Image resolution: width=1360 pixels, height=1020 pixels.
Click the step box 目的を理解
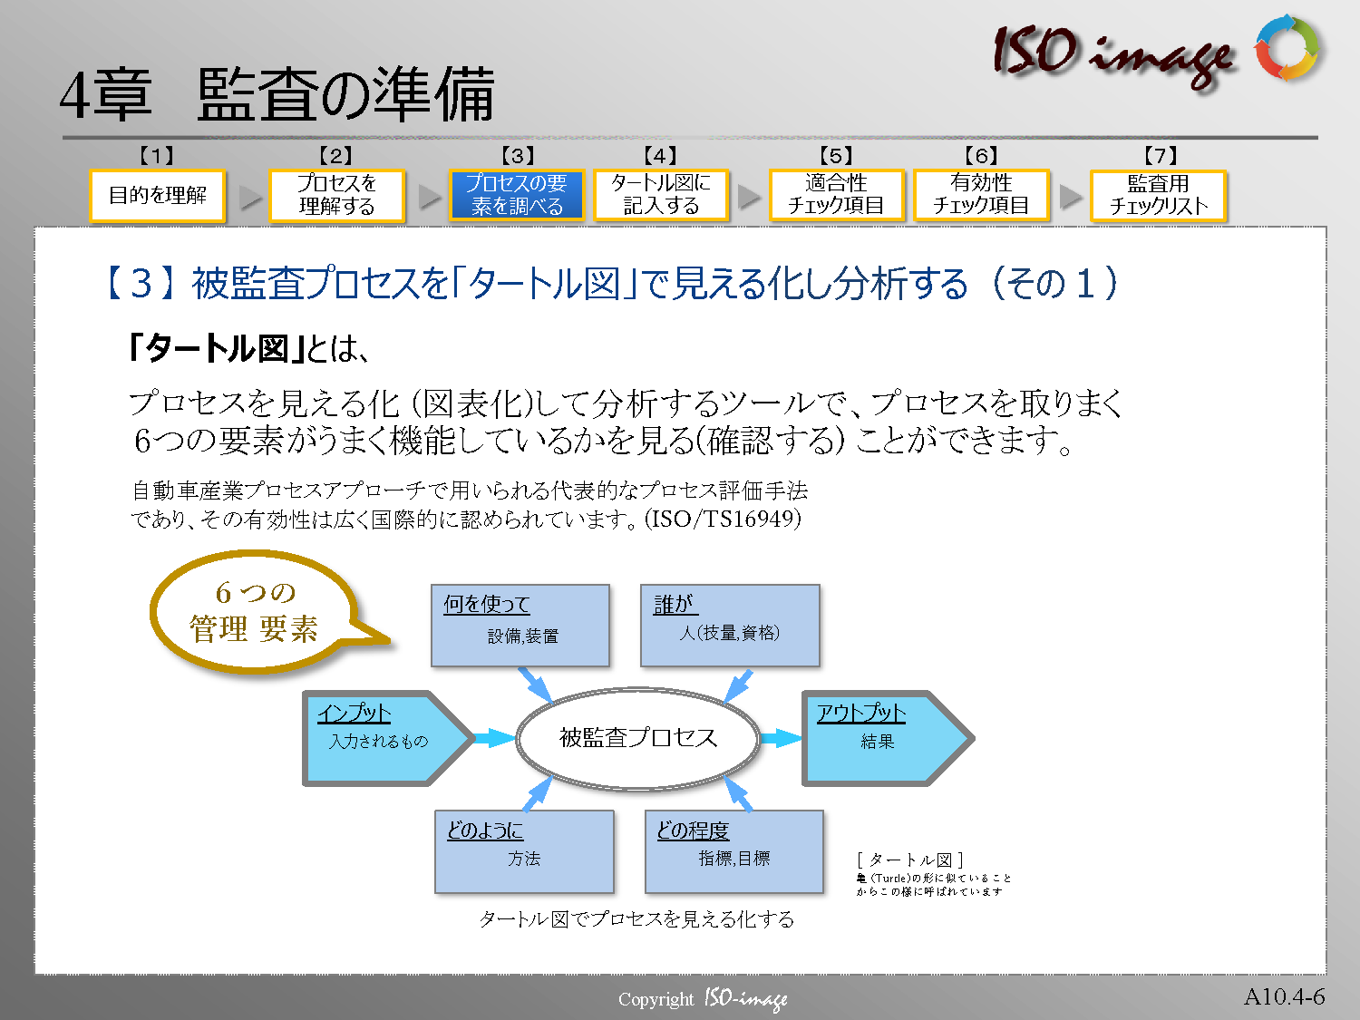(x=158, y=195)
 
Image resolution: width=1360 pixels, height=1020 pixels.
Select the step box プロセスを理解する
(x=337, y=195)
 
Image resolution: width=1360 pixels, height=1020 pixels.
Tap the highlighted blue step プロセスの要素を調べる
(x=517, y=195)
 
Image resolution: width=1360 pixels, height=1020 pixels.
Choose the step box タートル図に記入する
(x=661, y=195)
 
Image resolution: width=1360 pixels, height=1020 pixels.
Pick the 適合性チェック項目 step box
(x=837, y=195)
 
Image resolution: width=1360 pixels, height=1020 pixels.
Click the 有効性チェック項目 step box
(x=981, y=195)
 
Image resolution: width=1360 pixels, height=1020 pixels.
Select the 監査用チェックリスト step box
(x=1158, y=195)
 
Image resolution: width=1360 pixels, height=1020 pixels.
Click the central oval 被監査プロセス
(x=638, y=738)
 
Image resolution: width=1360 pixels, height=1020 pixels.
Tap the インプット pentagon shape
(x=387, y=738)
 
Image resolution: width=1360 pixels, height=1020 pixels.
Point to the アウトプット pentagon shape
(x=888, y=738)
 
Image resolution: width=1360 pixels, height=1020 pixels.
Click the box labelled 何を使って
(x=520, y=626)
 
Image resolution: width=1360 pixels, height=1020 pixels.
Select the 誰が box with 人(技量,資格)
(x=730, y=626)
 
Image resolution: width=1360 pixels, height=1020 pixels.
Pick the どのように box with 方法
(x=524, y=851)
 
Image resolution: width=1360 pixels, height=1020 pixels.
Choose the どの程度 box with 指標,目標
(x=734, y=851)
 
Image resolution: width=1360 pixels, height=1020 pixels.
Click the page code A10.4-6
(x=1284, y=996)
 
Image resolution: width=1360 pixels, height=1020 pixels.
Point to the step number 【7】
(x=1161, y=155)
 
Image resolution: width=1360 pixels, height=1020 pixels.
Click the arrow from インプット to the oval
(x=495, y=738)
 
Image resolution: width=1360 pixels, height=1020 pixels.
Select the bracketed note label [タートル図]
(x=910, y=860)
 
